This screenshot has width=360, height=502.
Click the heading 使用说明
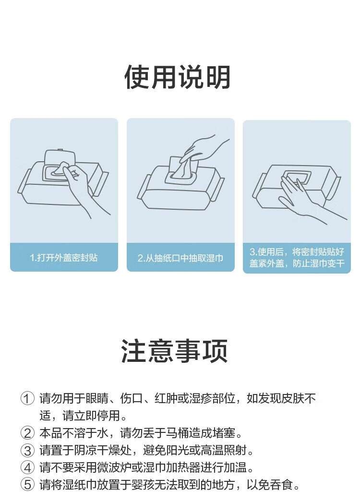click(x=178, y=77)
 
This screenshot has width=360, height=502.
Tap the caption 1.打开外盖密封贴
click(x=64, y=258)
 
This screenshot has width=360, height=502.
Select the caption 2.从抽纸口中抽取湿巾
click(x=180, y=258)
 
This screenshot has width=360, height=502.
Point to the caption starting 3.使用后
click(x=297, y=258)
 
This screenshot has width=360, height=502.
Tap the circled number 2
click(x=27, y=433)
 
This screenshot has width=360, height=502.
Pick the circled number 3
click(x=27, y=451)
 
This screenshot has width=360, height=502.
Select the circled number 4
click(x=27, y=468)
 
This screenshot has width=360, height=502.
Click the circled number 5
click(x=27, y=485)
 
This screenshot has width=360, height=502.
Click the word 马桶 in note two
click(x=177, y=433)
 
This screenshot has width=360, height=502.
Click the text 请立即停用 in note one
click(x=91, y=416)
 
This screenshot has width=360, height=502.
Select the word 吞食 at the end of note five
click(x=282, y=485)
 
